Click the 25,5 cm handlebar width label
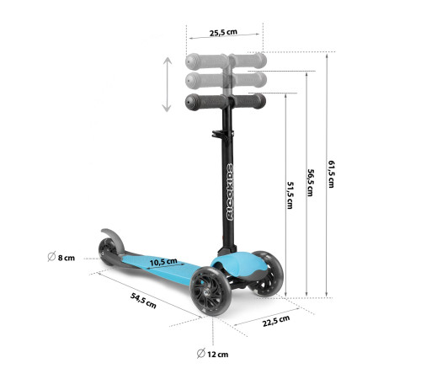point(223,32)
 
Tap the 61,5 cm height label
point(331,174)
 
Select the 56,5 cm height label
point(310,183)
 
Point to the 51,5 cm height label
point(290,195)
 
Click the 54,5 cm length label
point(143,301)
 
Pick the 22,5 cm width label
point(276,321)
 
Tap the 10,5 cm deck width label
point(163,262)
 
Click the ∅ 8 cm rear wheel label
point(61,257)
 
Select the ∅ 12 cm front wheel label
point(212,354)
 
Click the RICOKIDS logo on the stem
point(230,192)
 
